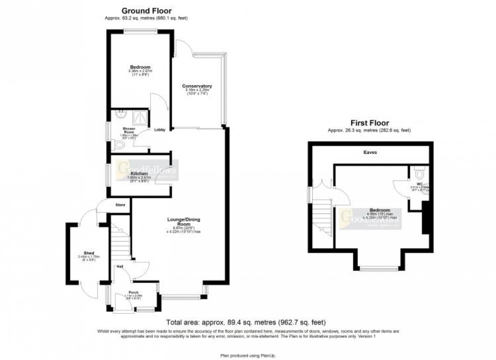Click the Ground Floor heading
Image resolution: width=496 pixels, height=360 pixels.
pyautogui.click(x=146, y=11)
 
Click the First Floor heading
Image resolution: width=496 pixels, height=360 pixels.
pyautogui.click(x=370, y=123)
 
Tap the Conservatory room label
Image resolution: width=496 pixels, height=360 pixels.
pyautogui.click(x=196, y=86)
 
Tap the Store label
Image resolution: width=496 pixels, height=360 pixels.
pyautogui.click(x=120, y=205)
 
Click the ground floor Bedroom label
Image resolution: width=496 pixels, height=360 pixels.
pyautogui.click(x=140, y=67)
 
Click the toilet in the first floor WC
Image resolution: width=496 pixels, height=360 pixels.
pyautogui.click(x=420, y=173)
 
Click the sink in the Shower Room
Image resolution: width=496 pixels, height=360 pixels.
pyautogui.click(x=119, y=115)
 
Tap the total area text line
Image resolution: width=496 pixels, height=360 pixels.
pyautogui.click(x=246, y=322)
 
